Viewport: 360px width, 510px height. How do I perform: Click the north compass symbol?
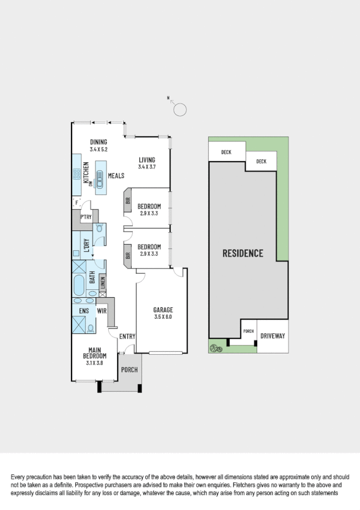point(180,109)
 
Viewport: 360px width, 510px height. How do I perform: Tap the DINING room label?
point(98,142)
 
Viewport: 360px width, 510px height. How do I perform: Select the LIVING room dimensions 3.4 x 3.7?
point(147,167)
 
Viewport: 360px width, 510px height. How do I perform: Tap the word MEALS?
point(116,176)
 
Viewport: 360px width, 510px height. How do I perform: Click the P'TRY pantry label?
point(85,217)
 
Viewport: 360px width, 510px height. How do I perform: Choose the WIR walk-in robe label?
point(102,312)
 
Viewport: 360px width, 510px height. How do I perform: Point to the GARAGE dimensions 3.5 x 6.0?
point(163,316)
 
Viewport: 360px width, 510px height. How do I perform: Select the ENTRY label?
point(127,336)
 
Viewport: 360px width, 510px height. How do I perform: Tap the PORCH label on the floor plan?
point(129,369)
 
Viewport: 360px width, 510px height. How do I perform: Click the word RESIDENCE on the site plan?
point(243,253)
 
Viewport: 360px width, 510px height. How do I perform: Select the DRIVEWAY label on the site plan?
point(273,336)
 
